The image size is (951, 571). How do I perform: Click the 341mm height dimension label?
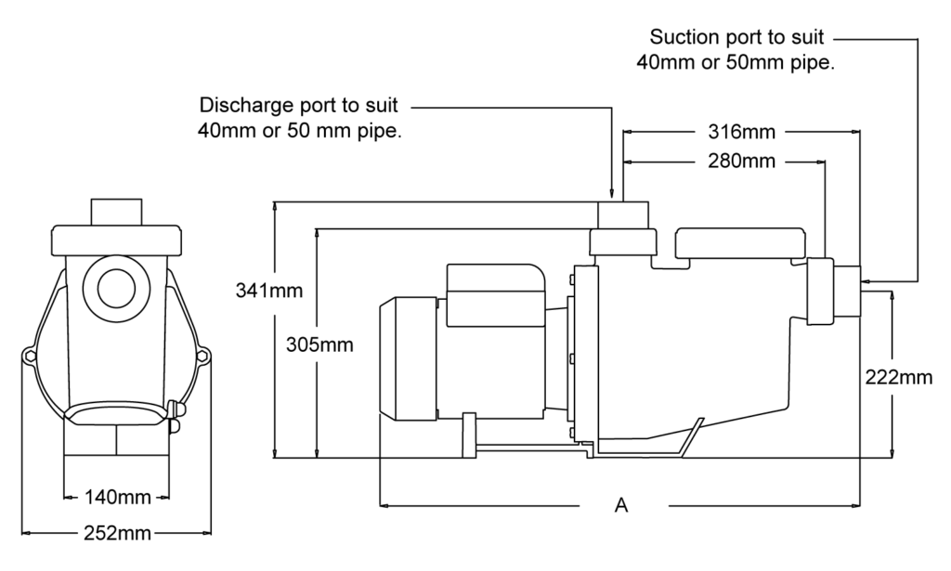268,291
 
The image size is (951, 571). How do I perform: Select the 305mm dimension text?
319,344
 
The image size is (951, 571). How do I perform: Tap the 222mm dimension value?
899,378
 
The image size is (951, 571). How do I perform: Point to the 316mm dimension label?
742,132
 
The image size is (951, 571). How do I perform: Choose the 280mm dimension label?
742,162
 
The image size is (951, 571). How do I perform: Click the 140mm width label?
117,498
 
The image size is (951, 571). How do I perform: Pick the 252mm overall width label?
117,534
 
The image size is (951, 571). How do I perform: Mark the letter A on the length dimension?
621,505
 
